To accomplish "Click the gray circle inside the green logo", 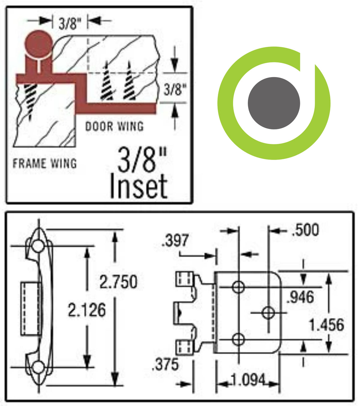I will pyautogui.click(x=274, y=103).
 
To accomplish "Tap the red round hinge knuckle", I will pyautogui.click(x=38, y=44).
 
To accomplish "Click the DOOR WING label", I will pyautogui.click(x=114, y=126).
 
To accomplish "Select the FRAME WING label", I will pyautogui.click(x=45, y=163).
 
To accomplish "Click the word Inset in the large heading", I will pyautogui.click(x=139, y=186).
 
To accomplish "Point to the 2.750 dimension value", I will pyautogui.click(x=118, y=282).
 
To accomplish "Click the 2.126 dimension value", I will pyautogui.click(x=87, y=310).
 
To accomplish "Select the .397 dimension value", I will pyautogui.click(x=175, y=241).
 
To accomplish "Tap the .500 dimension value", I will pyautogui.click(x=305, y=230).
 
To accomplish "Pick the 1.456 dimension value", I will pyautogui.click(x=326, y=325).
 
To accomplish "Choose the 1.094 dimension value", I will pyautogui.click(x=248, y=380).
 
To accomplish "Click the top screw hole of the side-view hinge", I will pyautogui.click(x=38, y=246).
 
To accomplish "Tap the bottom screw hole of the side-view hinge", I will pyautogui.click(x=38, y=367).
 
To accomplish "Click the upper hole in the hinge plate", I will pyautogui.click(x=238, y=287).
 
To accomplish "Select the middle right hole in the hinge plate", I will pyautogui.click(x=268, y=313).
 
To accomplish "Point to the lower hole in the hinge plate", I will pyautogui.click(x=238, y=340).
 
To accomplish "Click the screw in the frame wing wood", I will pyautogui.click(x=30, y=99).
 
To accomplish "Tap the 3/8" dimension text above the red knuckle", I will pyautogui.click(x=70, y=23).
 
